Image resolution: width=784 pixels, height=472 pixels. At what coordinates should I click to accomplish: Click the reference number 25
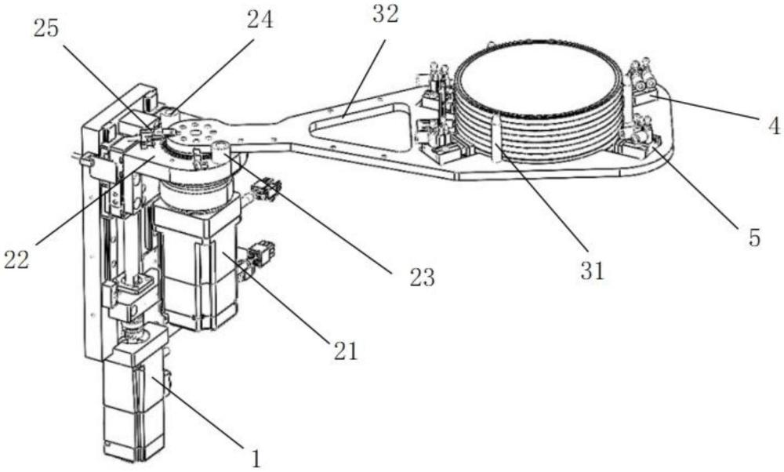click(x=46, y=29)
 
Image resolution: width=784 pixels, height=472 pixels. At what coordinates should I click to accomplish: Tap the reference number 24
click(x=260, y=20)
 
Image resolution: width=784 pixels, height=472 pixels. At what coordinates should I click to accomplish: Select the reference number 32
click(x=386, y=15)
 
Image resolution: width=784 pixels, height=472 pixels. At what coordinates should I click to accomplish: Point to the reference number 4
click(x=774, y=126)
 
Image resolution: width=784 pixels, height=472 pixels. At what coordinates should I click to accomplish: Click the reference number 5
click(x=754, y=238)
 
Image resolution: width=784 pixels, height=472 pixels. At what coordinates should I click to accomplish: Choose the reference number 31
click(x=592, y=270)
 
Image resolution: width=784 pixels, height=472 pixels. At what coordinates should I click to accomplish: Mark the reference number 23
click(x=423, y=278)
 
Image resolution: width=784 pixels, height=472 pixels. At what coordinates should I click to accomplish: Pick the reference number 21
click(x=346, y=351)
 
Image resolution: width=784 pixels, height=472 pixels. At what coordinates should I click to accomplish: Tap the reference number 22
click(x=16, y=260)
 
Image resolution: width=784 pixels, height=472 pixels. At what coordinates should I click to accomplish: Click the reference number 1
click(x=256, y=458)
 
